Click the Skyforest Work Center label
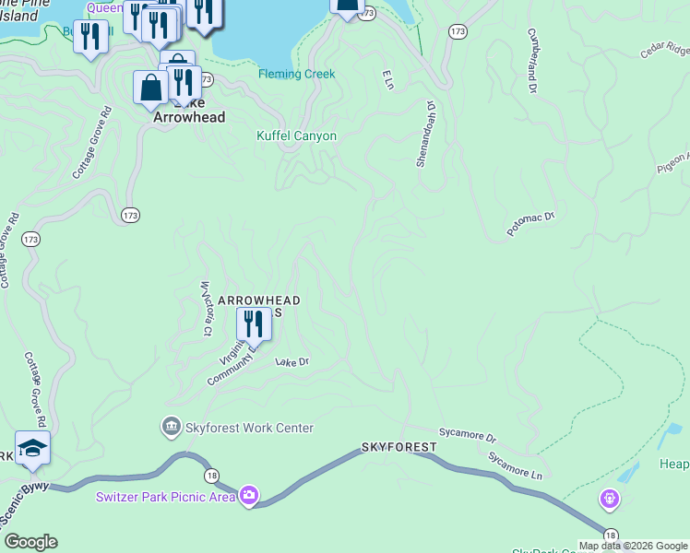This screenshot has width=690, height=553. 249,428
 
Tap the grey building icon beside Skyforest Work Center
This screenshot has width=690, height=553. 171,427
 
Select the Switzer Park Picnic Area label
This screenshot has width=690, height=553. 165,498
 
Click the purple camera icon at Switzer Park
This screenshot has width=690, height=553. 249,497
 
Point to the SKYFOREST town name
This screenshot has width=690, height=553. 399,447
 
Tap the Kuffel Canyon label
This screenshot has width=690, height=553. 296,136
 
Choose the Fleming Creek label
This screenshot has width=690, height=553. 297,74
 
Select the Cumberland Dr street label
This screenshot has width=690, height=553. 531,60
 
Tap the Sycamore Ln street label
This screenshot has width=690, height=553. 515,460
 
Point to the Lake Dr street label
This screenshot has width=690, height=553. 291,362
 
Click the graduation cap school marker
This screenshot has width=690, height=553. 32,449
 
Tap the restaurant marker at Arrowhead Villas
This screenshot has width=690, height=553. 253,324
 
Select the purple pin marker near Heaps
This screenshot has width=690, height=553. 608,500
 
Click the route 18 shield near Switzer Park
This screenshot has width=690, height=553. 212,475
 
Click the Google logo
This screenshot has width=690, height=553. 30,542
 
